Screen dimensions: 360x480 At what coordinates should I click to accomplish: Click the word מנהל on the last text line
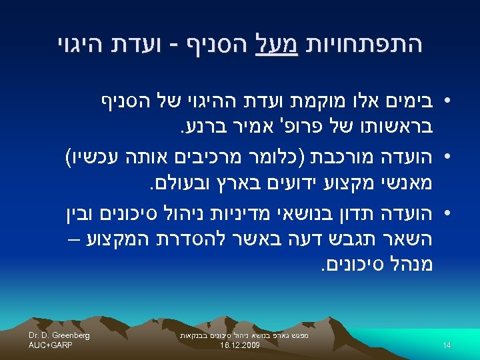406,264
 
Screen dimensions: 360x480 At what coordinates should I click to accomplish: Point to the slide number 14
447,344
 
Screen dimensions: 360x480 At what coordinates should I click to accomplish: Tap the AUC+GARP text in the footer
51,345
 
